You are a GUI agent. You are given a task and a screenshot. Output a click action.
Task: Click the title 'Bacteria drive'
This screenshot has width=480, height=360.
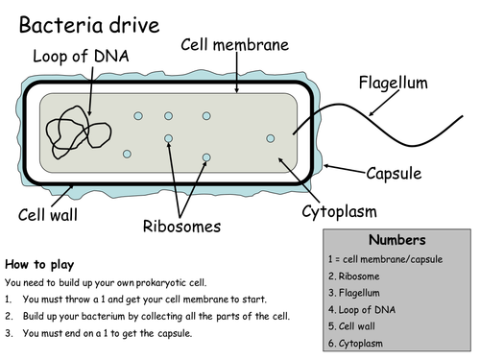click(88, 25)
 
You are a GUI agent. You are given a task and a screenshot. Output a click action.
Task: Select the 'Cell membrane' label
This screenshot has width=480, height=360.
click(236, 46)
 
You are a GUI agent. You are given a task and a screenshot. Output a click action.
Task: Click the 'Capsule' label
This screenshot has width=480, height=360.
click(396, 174)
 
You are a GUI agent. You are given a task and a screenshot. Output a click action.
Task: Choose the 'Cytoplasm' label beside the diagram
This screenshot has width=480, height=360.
click(339, 211)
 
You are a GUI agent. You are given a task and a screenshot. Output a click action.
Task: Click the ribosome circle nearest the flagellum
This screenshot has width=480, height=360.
click(271, 139)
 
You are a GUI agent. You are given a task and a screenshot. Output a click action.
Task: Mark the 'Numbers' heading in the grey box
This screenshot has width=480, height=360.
click(397, 240)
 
